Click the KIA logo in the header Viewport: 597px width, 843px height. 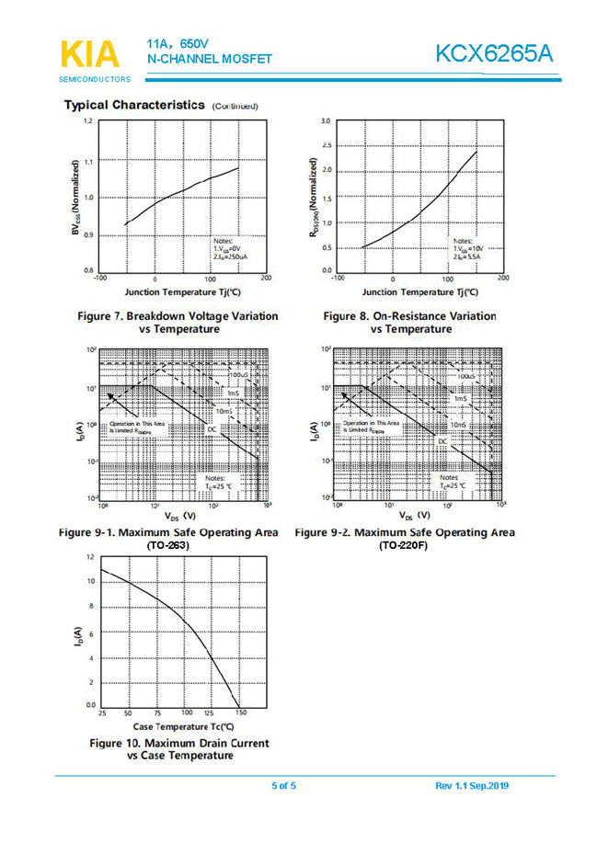click(89, 54)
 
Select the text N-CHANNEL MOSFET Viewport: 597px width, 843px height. click(209, 60)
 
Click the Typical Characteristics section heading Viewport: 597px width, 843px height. click(133, 105)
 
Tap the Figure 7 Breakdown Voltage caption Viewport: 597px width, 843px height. click(178, 322)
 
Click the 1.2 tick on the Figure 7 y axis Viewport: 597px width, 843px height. click(87, 121)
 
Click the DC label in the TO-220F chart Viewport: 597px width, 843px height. click(442, 442)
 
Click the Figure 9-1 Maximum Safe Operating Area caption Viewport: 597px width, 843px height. click(167, 538)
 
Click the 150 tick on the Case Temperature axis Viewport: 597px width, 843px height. click(240, 712)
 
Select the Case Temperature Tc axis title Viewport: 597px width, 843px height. click(176, 726)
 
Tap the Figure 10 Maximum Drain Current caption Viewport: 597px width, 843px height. click(179, 748)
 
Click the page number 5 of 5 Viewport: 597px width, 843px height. click(283, 785)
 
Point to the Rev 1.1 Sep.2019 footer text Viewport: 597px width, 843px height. click(472, 785)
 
